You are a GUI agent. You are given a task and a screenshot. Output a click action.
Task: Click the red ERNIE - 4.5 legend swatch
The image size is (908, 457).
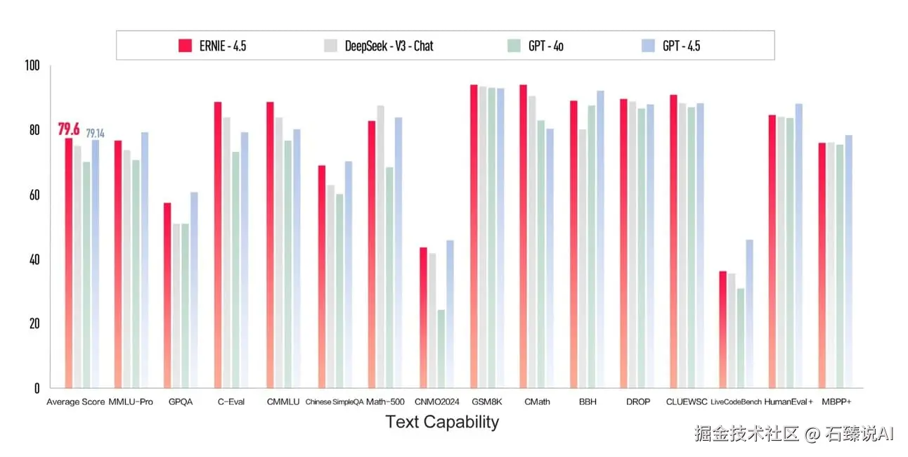(x=186, y=46)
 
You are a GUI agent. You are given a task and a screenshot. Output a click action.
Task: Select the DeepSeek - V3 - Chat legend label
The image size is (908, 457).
(x=389, y=46)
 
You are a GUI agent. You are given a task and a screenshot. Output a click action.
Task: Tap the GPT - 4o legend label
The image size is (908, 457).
(x=545, y=46)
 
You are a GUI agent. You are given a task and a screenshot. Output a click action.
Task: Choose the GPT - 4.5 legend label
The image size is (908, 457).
(x=681, y=46)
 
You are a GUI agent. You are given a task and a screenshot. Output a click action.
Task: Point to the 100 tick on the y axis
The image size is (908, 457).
(x=32, y=66)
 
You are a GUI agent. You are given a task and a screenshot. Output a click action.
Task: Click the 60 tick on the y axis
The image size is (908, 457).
(x=34, y=195)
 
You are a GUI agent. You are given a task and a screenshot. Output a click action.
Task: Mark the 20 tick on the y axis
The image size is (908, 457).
(x=34, y=324)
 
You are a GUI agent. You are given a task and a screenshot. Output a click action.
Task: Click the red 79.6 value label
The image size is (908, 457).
(x=69, y=129)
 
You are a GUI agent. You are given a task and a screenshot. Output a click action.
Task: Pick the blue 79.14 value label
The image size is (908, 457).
(x=95, y=133)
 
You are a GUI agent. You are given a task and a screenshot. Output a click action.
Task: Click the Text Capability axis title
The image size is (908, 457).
(x=442, y=422)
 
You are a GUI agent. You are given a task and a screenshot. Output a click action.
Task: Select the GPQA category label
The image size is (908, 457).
(x=180, y=402)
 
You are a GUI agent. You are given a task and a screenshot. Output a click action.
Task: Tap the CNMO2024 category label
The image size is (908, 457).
(x=436, y=402)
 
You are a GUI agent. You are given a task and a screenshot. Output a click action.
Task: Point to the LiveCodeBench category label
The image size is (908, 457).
(x=736, y=402)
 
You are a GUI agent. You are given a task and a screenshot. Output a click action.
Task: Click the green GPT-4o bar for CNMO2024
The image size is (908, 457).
(x=441, y=349)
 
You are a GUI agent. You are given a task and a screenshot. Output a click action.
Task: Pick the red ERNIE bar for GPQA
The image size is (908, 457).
(x=167, y=295)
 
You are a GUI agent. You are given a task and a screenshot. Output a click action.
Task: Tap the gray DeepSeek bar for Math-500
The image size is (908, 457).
(x=380, y=247)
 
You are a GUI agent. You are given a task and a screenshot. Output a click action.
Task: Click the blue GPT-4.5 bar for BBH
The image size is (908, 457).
(x=599, y=239)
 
